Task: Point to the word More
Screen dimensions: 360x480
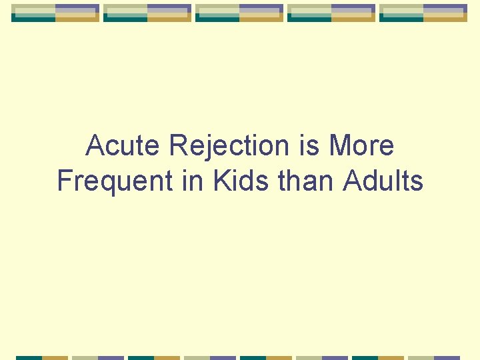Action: [x=361, y=146]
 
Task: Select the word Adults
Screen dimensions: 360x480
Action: [x=383, y=181]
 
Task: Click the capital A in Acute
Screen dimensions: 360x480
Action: [x=95, y=146]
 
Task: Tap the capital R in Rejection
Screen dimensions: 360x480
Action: [x=179, y=146]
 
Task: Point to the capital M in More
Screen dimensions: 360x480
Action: [x=340, y=146]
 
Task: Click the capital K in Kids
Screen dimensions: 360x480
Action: [x=221, y=181]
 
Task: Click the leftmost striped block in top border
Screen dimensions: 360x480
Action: [x=55, y=13]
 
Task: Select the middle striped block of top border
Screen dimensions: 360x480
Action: [x=239, y=13]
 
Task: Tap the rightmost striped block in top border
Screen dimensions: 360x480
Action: [x=423, y=13]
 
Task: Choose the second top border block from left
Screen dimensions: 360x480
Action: [x=147, y=13]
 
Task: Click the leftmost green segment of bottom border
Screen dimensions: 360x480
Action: [x=29, y=357]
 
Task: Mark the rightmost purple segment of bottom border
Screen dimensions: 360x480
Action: [x=447, y=357]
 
